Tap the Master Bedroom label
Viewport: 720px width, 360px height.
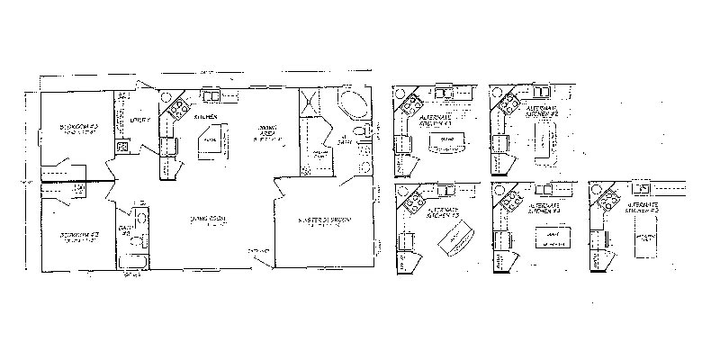click(325, 220)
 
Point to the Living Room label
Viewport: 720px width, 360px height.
click(207, 220)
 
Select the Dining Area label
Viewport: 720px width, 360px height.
click(267, 134)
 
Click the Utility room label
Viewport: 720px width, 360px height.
click(138, 119)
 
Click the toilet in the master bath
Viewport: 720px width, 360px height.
click(362, 133)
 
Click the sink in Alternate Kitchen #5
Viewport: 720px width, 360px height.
click(643, 189)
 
